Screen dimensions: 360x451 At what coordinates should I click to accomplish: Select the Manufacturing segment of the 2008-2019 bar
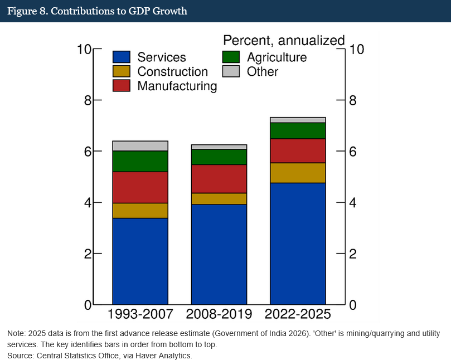pos(219,178)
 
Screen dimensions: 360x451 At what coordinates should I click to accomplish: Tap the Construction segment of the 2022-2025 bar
pos(298,173)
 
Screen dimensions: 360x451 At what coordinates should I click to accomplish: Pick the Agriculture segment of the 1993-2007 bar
pos(140,161)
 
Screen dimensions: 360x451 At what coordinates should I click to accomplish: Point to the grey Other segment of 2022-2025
pos(298,120)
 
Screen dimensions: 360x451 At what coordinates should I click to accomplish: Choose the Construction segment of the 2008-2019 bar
pos(219,198)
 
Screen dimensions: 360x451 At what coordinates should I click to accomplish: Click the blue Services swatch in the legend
pos(122,57)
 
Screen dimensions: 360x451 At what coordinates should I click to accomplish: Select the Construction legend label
pos(172,71)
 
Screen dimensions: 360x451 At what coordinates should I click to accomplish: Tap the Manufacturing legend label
pos(177,86)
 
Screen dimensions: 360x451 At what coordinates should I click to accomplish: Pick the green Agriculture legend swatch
pos(231,57)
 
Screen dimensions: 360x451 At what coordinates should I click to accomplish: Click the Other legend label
pos(263,71)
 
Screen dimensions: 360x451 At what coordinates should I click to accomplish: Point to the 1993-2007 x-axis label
pos(140,314)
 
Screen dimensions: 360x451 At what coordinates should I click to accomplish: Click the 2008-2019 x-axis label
pos(219,314)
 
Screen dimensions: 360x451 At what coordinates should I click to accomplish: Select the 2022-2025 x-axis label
pos(298,314)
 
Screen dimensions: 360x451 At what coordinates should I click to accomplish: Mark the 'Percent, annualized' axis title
pos(284,40)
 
